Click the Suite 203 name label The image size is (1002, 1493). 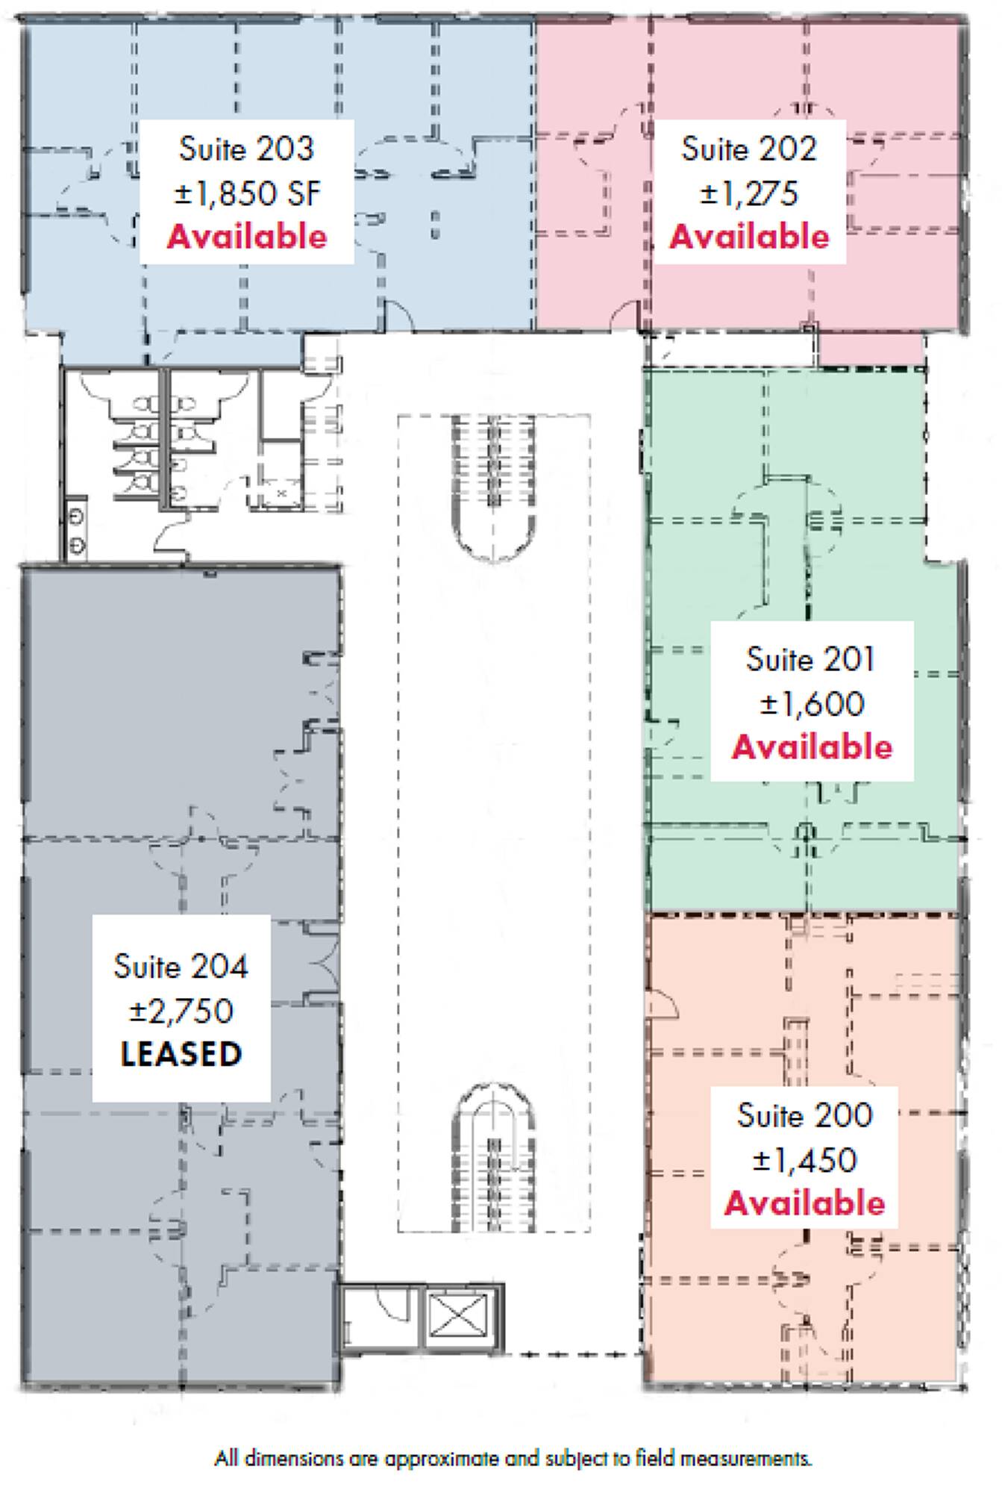coord(246,149)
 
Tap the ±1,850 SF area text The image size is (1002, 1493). coord(248,193)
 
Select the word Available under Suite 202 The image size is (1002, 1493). coord(749,237)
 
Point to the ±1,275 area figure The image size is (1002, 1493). coord(749,193)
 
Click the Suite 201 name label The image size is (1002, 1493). coord(811,659)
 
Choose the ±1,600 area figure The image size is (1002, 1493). coord(812,703)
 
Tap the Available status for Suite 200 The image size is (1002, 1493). coord(804,1203)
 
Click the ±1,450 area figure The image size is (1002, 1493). coord(804,1159)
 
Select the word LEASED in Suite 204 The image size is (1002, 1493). coord(181,1054)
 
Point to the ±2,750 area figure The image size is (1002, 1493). coord(181,1011)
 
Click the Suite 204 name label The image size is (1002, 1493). coord(181,967)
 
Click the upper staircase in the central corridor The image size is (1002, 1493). coord(493,488)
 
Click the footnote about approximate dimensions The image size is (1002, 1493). coord(513,1458)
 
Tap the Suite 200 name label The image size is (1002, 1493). coord(804,1115)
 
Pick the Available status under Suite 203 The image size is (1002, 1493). coord(247,237)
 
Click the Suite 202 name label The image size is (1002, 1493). coord(749,149)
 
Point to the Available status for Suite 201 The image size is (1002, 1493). coord(812,747)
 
